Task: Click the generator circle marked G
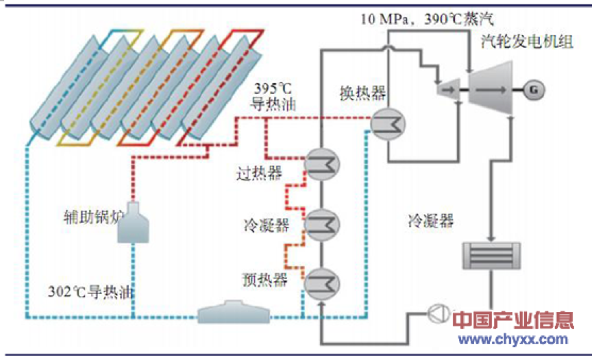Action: pos(532,88)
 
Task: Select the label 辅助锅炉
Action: pos(90,219)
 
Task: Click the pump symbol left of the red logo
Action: pos(437,315)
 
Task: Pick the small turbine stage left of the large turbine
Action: pos(449,88)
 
